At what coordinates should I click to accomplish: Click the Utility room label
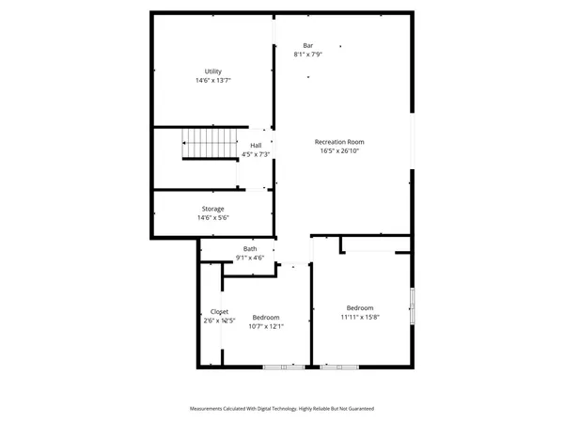coord(213,71)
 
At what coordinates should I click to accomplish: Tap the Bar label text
coord(307,45)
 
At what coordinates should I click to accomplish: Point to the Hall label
coord(256,145)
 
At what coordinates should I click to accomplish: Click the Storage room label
coord(212,209)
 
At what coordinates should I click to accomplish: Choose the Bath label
coord(250,249)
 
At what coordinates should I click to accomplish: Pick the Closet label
coord(219,311)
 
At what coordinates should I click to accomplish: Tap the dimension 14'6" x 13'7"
coord(213,81)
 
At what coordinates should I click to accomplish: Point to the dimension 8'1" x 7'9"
coord(307,55)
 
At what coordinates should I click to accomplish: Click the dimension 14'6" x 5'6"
coord(212,218)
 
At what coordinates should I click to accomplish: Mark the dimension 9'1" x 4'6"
coord(250,258)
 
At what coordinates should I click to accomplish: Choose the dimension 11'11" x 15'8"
coord(360,317)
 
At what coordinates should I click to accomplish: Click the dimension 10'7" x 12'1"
coord(266,327)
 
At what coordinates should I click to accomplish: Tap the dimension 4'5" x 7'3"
coord(256,154)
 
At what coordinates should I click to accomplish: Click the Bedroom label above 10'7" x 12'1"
coord(266,318)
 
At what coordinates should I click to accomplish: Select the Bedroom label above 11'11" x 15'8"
coord(360,307)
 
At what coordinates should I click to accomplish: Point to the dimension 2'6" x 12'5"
coord(218,321)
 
